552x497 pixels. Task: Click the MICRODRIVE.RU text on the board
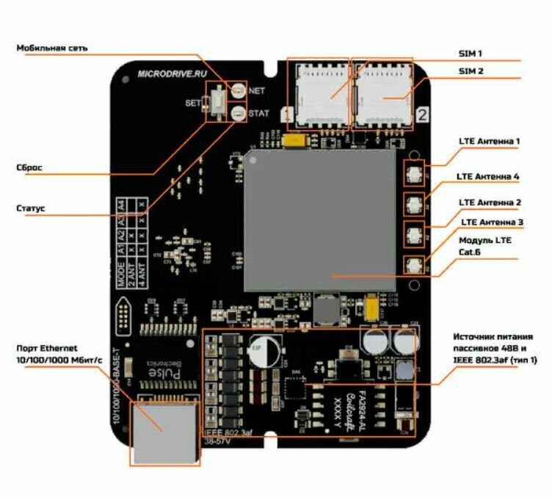tap(170, 73)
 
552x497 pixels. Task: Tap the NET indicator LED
tap(239, 91)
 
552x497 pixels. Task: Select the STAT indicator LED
tap(239, 113)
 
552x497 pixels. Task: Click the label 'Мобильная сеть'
tap(52, 48)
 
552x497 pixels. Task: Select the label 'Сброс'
tap(29, 167)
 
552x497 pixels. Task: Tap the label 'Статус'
tap(31, 208)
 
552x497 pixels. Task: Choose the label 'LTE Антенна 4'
tap(487, 177)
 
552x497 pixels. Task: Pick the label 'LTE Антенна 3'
tap(492, 221)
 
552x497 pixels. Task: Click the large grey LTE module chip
tap(323, 220)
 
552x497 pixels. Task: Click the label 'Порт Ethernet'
tap(46, 348)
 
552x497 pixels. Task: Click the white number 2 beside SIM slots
tap(423, 114)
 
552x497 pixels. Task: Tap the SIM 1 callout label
tap(471, 54)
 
